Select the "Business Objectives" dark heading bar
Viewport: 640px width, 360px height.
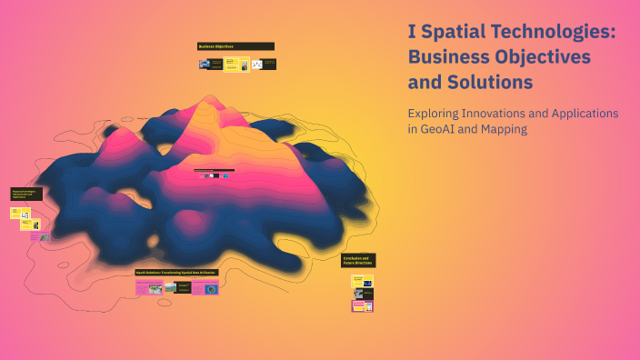coord(235,46)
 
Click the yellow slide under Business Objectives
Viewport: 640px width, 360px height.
coord(232,65)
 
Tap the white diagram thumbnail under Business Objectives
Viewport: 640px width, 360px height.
coord(256,65)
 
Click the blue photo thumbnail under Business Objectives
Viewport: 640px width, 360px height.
coord(205,65)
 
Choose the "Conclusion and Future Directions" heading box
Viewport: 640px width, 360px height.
coord(358,260)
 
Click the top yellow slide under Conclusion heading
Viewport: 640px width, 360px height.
coord(362,282)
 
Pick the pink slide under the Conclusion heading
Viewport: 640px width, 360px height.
coord(362,306)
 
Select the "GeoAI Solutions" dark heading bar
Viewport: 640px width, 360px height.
coord(176,272)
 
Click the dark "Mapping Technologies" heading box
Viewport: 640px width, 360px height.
coord(26,194)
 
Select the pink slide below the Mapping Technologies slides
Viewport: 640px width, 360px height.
coord(36,236)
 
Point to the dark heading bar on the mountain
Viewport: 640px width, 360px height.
coord(214,170)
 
